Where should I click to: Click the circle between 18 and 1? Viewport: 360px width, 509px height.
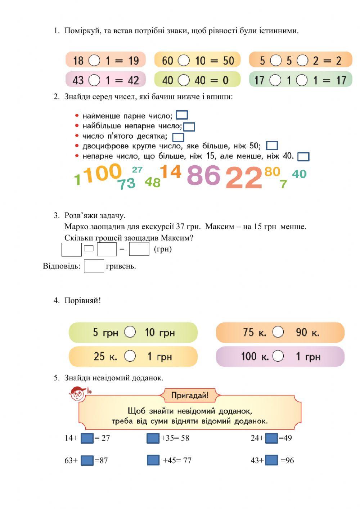pyautogui.click(x=94, y=60)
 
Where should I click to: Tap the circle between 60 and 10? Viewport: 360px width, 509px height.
pyautogui.click(x=184, y=60)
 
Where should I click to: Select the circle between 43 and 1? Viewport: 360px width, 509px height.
pyautogui.click(x=94, y=80)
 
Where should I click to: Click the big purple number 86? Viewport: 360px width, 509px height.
pyautogui.click(x=203, y=175)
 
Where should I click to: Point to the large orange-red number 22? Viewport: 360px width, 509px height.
pyautogui.click(x=244, y=178)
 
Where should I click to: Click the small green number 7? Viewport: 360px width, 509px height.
pyautogui.click(x=283, y=184)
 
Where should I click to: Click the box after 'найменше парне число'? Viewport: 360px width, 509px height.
pyautogui.click(x=182, y=115)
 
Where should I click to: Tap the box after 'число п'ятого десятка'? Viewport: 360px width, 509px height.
pyautogui.click(x=178, y=137)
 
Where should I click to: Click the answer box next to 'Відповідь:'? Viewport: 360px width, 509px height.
pyautogui.click(x=94, y=266)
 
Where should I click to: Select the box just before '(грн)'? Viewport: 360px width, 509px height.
pyautogui.click(x=139, y=249)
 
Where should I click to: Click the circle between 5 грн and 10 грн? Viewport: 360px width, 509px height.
pyautogui.click(x=130, y=332)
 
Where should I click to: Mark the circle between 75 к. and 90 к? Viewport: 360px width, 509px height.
pyautogui.click(x=278, y=332)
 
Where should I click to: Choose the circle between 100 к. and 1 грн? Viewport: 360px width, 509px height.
pyautogui.click(x=278, y=356)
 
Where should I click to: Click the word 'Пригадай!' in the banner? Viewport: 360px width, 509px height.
pyautogui.click(x=190, y=396)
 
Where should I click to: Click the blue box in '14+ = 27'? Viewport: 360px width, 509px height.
pyautogui.click(x=87, y=438)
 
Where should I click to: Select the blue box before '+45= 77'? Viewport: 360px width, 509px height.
pyautogui.click(x=153, y=460)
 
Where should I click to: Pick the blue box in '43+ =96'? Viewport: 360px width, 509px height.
pyautogui.click(x=271, y=460)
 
